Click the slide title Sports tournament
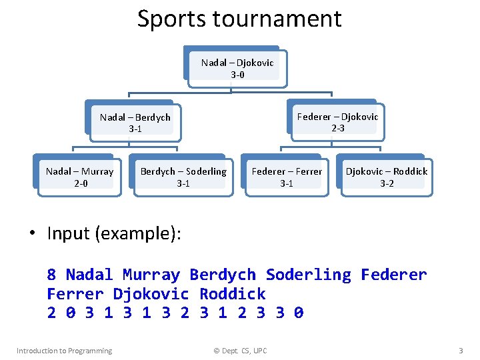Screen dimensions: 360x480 [239, 19]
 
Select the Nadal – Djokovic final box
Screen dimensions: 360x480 [237, 68]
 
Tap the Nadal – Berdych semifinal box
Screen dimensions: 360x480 [135, 122]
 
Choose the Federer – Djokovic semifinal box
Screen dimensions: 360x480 [337, 122]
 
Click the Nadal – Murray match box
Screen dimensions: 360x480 [79, 177]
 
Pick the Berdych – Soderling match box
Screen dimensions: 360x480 [183, 177]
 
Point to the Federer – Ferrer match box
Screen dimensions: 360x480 [287, 177]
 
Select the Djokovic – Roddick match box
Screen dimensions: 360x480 [387, 177]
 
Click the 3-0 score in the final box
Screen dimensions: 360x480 [237, 75]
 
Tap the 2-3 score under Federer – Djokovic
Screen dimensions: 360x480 [338, 128]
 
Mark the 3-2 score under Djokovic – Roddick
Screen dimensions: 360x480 [387, 183]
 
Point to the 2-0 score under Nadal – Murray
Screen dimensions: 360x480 [79, 183]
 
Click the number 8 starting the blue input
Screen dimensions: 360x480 [51, 275]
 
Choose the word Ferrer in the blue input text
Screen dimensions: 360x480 [75, 294]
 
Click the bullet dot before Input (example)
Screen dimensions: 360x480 [31, 234]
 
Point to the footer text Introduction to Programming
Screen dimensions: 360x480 [64, 351]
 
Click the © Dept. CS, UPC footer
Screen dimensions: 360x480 [239, 351]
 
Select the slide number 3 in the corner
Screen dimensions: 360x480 [461, 351]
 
